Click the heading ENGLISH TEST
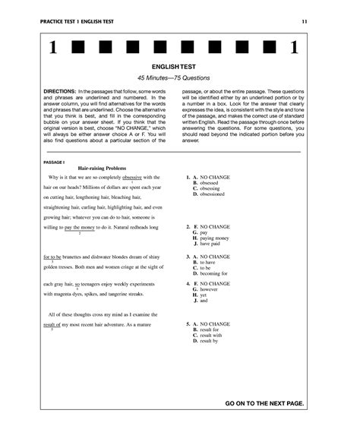tap(180, 67)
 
